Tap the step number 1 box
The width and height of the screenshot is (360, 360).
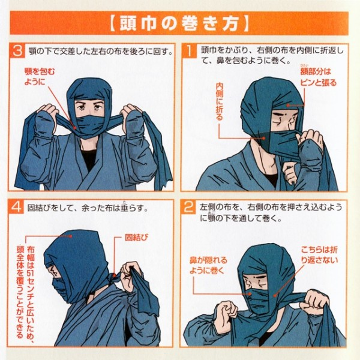click(x=190, y=51)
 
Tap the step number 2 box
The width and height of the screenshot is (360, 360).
click(x=189, y=208)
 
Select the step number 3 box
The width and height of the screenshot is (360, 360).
click(x=17, y=51)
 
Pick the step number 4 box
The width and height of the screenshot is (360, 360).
click(x=16, y=207)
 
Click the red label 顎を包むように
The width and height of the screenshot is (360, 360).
click(x=40, y=77)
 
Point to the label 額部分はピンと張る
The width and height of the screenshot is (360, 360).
click(x=318, y=77)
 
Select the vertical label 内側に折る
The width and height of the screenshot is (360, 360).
click(x=220, y=101)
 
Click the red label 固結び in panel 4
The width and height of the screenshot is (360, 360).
click(x=136, y=238)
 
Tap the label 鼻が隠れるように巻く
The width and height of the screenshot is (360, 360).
click(x=208, y=265)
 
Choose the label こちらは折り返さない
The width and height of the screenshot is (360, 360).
click(x=320, y=254)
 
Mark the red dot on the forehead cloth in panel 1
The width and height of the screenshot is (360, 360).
click(x=288, y=106)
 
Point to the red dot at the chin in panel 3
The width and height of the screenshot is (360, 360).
click(x=74, y=127)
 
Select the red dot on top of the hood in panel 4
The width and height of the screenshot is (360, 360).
click(x=71, y=236)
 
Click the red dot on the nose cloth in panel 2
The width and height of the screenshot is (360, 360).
click(x=250, y=293)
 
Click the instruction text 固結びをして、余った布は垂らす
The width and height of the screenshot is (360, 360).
click(x=88, y=208)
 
